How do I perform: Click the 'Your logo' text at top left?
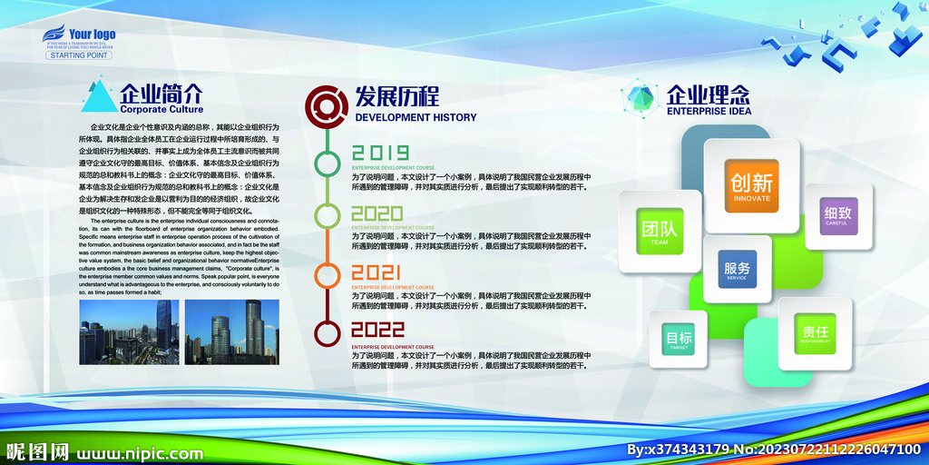tap(92, 35)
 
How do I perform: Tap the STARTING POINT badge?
tap(79, 55)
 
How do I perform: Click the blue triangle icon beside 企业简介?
tap(98, 96)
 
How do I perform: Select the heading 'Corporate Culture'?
tap(161, 109)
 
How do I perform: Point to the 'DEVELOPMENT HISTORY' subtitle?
tap(416, 117)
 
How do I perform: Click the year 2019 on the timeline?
tap(380, 153)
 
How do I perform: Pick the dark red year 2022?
tap(378, 330)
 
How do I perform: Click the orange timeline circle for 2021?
tap(327, 274)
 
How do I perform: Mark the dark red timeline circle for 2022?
tap(327, 332)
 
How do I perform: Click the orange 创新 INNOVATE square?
tap(751, 185)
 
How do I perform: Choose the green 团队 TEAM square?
tap(660, 232)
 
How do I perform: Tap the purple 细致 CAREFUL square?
tap(838, 216)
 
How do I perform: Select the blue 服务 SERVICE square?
tap(737, 270)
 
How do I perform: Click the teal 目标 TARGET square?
tap(679, 340)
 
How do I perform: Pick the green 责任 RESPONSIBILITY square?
tap(815, 333)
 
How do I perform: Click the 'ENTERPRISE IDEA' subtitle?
tap(709, 112)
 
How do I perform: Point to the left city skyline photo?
tap(129, 331)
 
